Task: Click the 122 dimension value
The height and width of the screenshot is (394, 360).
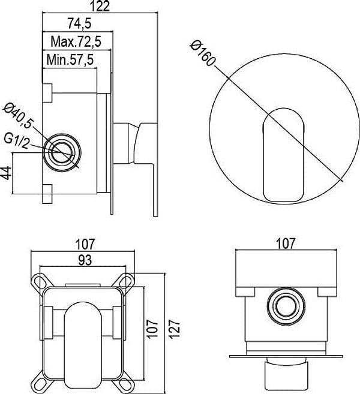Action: (100, 6)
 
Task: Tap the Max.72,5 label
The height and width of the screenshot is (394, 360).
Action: (76, 42)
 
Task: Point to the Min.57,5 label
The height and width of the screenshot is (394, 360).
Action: (70, 60)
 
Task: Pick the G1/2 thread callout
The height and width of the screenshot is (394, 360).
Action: (17, 142)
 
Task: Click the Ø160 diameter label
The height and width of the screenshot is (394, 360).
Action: (203, 54)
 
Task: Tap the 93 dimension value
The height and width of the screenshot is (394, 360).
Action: (85, 260)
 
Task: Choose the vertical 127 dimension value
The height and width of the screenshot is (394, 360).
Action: (175, 330)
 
